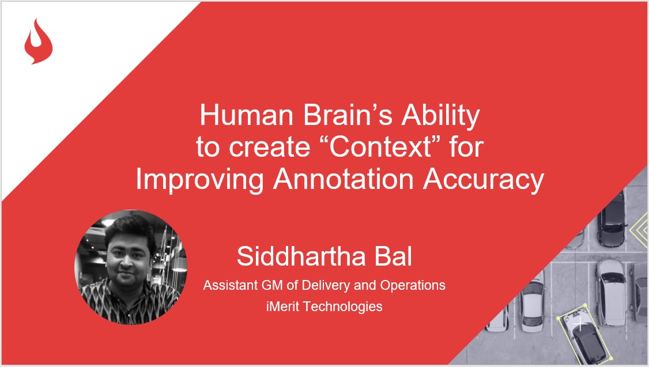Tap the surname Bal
pyautogui.click(x=393, y=257)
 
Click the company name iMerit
pyautogui.click(x=279, y=306)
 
